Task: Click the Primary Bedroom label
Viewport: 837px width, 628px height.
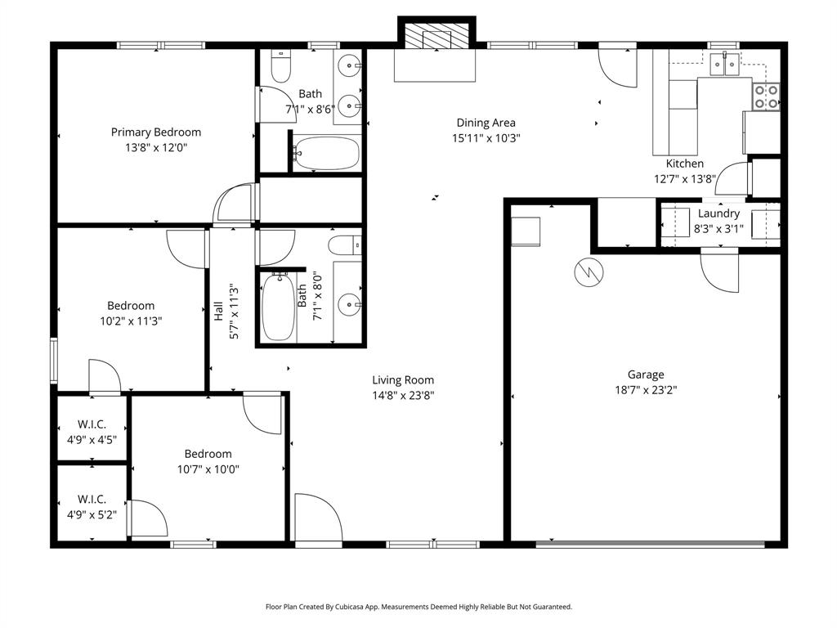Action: (x=155, y=132)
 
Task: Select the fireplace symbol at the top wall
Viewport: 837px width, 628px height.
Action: (x=436, y=36)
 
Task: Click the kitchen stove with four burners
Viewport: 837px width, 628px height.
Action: (x=766, y=97)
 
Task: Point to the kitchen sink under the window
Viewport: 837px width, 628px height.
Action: (x=723, y=61)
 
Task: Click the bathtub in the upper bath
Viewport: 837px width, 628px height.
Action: (x=326, y=153)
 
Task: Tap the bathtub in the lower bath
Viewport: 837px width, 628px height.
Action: (x=278, y=307)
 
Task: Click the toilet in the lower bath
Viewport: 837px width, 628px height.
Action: (x=344, y=244)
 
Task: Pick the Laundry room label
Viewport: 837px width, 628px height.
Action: (x=718, y=213)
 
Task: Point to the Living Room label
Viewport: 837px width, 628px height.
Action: (x=403, y=379)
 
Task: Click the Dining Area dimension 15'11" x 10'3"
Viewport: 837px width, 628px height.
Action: (x=486, y=138)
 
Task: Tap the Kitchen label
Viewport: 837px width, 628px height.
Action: (x=684, y=164)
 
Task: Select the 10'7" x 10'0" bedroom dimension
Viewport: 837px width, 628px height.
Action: (x=208, y=469)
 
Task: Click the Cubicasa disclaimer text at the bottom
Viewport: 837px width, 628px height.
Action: (x=418, y=607)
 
